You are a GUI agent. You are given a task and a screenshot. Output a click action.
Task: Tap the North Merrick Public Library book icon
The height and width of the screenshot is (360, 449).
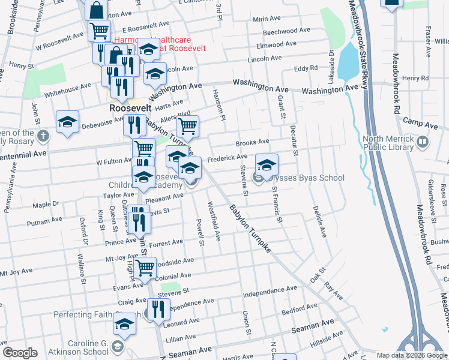(x=423, y=142)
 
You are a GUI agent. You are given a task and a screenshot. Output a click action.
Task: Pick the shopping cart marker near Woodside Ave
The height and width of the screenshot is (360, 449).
(x=145, y=268)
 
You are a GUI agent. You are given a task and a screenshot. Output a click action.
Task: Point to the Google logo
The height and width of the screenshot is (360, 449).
(x=20, y=353)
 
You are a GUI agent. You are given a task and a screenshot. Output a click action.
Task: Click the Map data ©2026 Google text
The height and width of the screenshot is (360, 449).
(x=412, y=355)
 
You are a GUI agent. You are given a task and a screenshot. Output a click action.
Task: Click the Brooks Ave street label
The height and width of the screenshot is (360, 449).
(x=252, y=142)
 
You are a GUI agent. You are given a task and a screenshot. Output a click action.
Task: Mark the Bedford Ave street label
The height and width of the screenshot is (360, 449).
(x=299, y=311)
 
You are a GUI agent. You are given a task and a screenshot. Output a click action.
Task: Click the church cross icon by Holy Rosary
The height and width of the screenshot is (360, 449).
(x=43, y=136)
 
